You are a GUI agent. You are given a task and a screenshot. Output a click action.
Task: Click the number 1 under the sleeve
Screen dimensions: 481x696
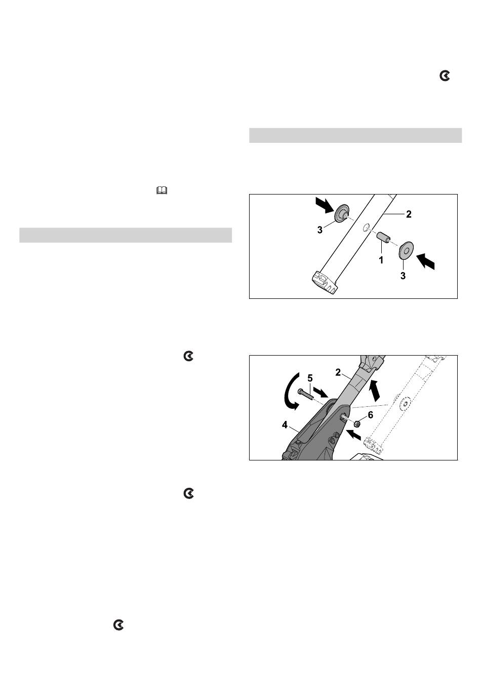pos(381,260)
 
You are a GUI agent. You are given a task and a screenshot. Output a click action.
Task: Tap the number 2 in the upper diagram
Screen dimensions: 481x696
pos(409,214)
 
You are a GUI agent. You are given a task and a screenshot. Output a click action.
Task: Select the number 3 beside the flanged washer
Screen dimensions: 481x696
pos(320,230)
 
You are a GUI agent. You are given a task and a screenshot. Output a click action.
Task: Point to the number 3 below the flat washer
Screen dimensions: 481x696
pos(403,276)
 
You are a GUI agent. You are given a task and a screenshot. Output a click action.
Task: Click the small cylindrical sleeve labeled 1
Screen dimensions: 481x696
pos(383,238)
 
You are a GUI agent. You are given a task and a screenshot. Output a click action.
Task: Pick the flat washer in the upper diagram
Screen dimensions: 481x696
pos(406,250)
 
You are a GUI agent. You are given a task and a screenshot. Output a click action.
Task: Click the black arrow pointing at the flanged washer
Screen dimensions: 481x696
pos(324,206)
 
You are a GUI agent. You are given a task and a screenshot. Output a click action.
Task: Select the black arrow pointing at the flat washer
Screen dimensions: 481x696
pos(425,261)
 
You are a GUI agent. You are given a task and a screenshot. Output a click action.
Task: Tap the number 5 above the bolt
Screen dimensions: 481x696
pos(310,378)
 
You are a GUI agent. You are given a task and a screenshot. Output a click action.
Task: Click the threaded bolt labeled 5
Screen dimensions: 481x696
pos(305,394)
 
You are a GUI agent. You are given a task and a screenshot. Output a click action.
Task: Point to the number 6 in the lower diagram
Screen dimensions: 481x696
pos(370,415)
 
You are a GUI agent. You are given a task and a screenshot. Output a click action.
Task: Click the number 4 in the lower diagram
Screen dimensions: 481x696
pos(285,425)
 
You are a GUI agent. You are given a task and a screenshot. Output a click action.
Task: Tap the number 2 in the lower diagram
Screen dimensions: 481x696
pos(338,372)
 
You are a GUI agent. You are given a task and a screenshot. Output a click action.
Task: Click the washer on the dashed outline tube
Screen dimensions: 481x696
pos(405,403)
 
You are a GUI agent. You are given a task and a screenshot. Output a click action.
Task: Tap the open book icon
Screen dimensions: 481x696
pos(162,190)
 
